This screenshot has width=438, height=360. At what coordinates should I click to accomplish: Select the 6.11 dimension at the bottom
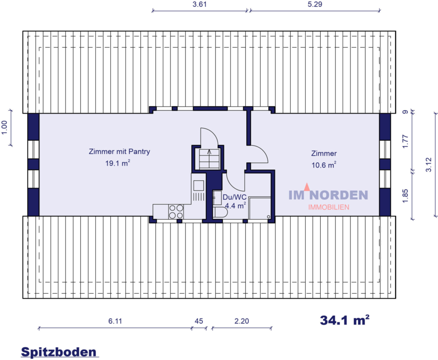(114, 321)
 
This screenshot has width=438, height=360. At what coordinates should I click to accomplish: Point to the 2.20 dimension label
(241, 321)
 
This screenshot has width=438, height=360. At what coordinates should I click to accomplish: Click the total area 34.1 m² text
(345, 320)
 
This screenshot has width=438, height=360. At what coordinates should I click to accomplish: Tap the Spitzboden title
(58, 352)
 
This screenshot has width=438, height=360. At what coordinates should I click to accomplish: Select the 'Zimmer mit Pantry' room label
(119, 152)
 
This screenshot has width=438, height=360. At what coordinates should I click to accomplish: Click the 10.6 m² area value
(324, 165)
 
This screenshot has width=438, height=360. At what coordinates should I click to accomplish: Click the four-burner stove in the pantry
(176, 211)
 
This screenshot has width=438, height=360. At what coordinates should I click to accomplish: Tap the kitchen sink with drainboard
(199, 190)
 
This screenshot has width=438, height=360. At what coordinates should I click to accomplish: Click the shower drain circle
(268, 216)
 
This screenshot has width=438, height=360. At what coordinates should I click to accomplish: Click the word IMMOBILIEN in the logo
(328, 207)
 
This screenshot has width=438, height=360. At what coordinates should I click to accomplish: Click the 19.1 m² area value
(118, 164)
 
